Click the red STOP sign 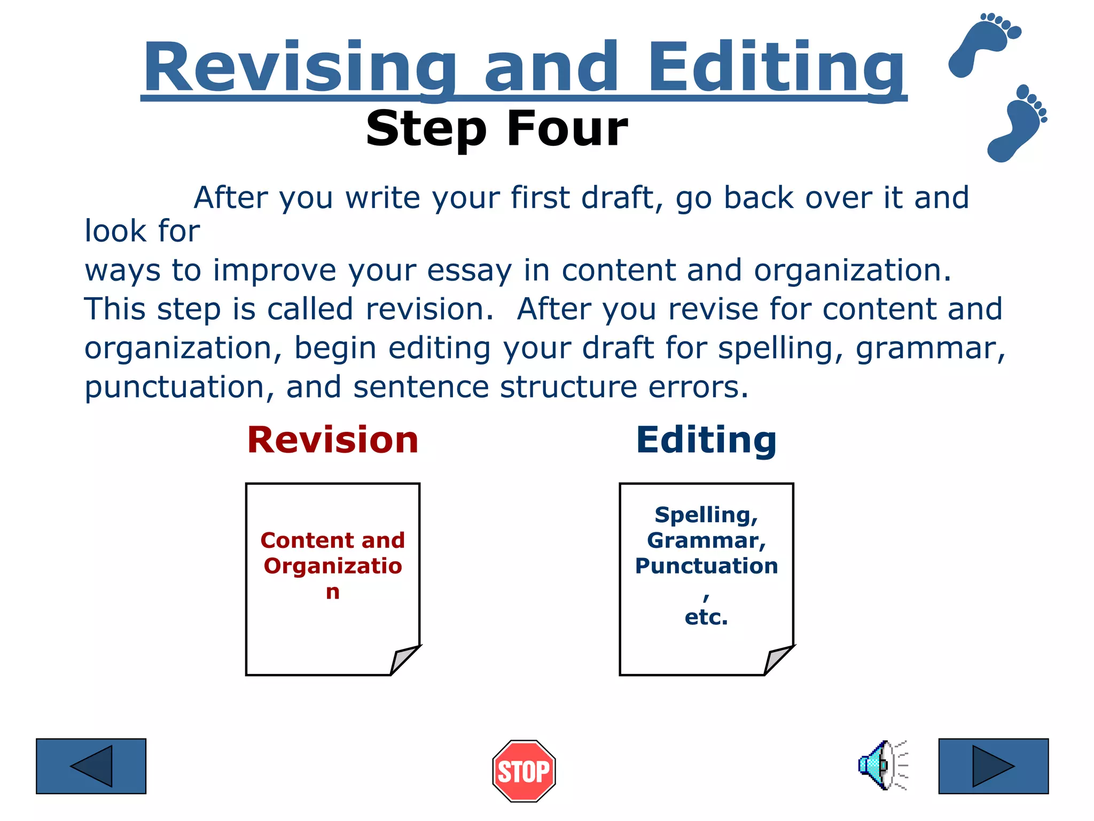coord(523,771)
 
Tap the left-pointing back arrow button coord(91,766)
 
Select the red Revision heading coord(332,440)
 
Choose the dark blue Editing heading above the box coord(706,440)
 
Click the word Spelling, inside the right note coord(706,515)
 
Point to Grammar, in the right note coord(706,540)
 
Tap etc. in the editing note coord(706,617)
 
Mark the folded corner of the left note coord(404,661)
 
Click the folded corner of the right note coord(778,661)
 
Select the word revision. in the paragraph coord(429,309)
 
